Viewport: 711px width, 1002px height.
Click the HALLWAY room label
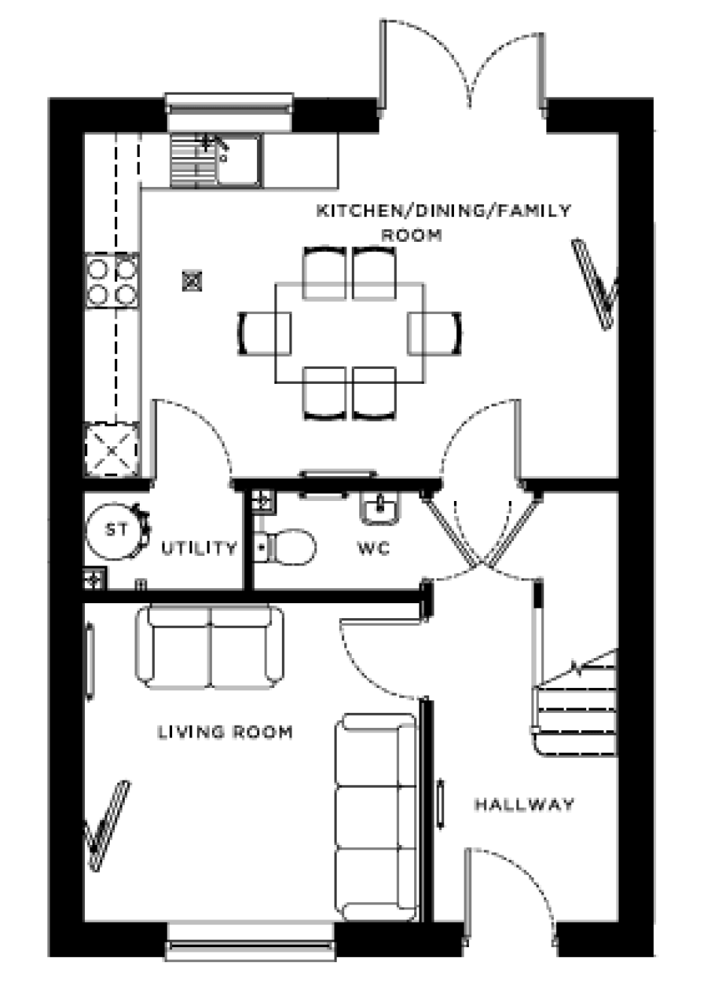(524, 804)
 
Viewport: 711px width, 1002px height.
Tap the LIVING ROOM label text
(225, 732)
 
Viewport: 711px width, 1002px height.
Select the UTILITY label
(199, 548)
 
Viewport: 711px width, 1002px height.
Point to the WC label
(374, 548)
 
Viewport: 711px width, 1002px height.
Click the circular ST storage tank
(116, 530)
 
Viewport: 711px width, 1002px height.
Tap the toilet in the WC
(285, 546)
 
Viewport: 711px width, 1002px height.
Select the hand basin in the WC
(380, 509)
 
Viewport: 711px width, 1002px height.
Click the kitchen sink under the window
(215, 159)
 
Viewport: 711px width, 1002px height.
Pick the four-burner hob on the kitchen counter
(112, 280)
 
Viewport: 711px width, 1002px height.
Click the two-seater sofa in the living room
(210, 647)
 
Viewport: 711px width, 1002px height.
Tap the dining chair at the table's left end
(265, 332)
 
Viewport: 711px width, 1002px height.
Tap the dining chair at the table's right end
(435, 332)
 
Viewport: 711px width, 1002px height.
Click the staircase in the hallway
(575, 702)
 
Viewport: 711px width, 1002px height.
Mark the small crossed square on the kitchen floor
(193, 281)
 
